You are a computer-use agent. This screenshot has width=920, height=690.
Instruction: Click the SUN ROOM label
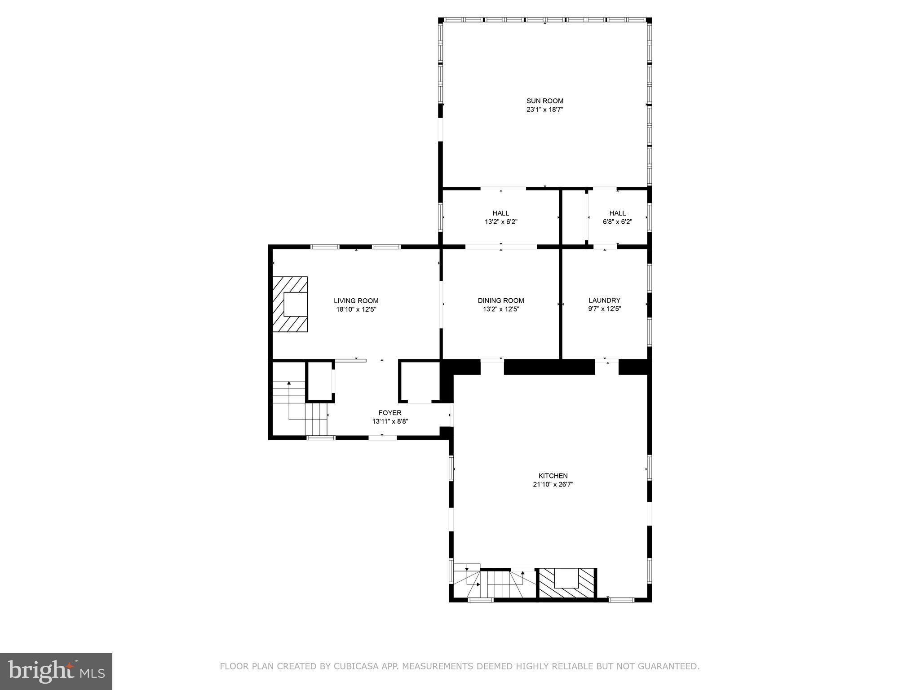point(544,101)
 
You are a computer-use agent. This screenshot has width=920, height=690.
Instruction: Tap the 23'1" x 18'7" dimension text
point(544,110)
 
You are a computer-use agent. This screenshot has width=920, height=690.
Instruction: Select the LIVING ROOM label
point(356,301)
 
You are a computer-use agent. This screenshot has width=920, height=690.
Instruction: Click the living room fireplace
point(290,304)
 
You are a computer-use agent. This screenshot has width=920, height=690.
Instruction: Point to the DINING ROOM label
point(500,301)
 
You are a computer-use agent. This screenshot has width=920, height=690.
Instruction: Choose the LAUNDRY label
point(604,300)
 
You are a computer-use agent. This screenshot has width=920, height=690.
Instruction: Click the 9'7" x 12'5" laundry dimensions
point(604,309)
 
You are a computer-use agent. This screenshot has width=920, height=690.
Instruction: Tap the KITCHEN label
point(553,476)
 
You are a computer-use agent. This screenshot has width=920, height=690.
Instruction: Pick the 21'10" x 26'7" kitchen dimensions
point(553,484)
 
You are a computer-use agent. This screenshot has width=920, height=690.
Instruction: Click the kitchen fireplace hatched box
point(566,583)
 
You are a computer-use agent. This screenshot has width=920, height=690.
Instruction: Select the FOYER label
point(389,413)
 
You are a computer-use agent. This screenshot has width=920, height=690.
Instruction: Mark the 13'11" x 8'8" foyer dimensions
point(389,421)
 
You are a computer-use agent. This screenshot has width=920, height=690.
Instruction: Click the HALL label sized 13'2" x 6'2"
point(500,213)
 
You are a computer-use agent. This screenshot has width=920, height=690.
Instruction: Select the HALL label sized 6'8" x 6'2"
point(617,213)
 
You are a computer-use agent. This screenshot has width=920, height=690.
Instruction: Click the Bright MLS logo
point(56,671)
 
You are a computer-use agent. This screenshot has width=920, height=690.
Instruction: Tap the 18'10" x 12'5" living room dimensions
point(356,310)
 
